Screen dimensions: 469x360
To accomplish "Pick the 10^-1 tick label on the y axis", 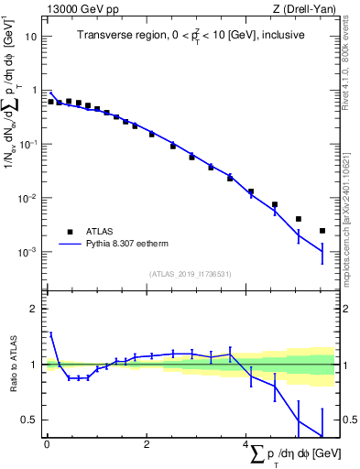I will [28, 144].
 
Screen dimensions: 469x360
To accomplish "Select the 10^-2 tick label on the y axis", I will [28, 198].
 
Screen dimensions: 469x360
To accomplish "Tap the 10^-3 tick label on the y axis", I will [28, 252].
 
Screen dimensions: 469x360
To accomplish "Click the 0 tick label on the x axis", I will [47, 446].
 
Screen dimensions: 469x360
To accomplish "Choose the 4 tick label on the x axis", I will [245, 446].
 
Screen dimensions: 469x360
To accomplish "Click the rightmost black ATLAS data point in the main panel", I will [322, 231].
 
